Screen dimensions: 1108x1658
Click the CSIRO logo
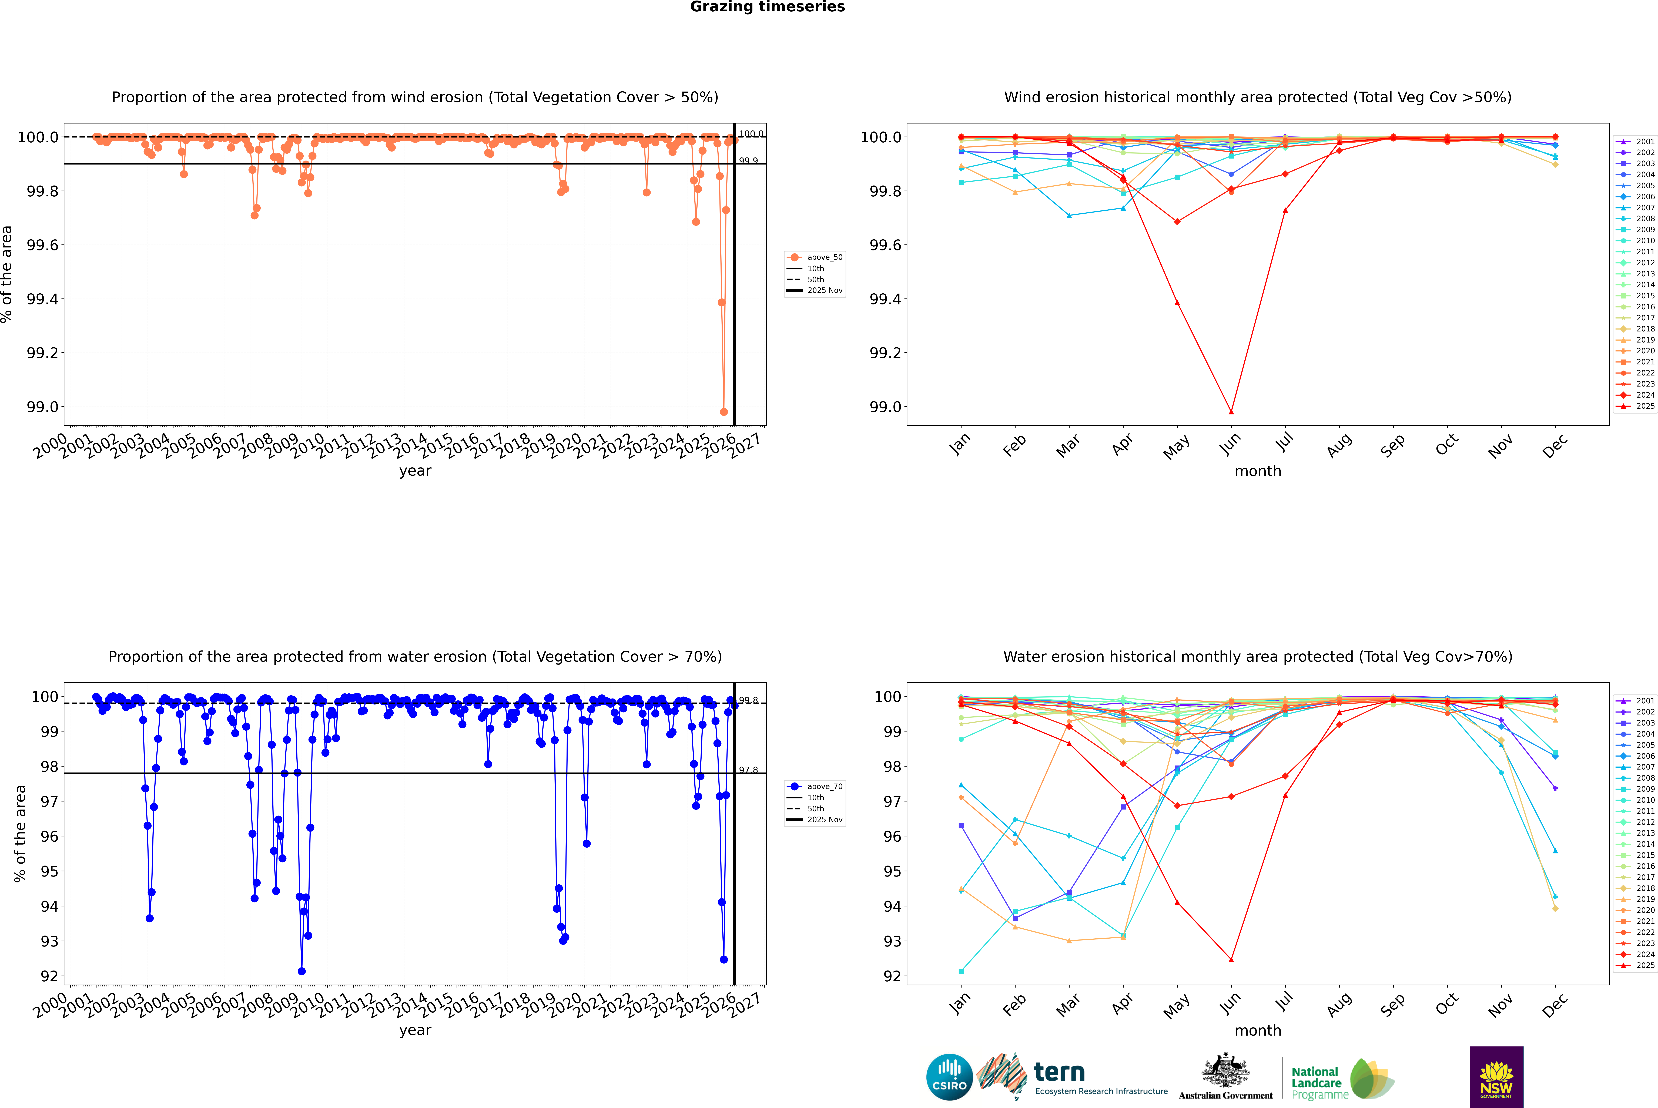[x=949, y=1077]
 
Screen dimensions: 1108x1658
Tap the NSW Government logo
[x=1496, y=1077]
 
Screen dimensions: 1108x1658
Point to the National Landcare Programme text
[x=1316, y=1083]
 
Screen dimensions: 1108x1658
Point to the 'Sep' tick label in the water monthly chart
[x=1392, y=1004]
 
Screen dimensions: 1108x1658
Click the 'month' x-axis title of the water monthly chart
[x=1257, y=1030]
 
